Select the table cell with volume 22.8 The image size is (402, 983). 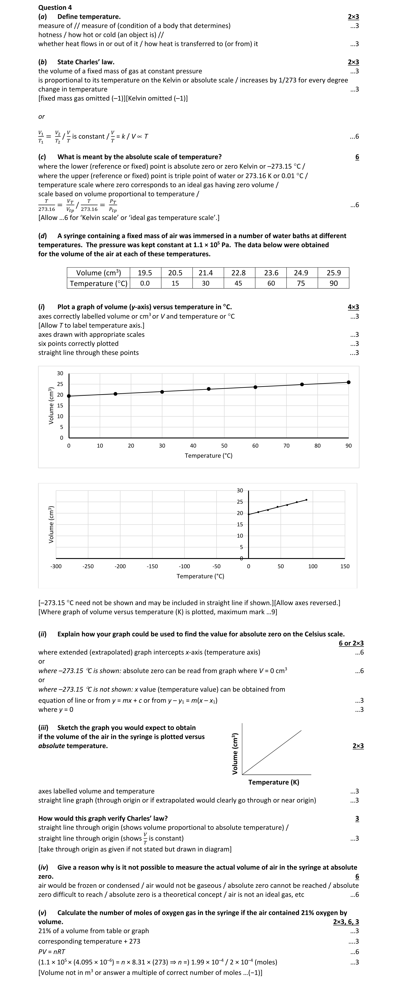tap(238, 273)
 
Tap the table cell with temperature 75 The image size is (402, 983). tap(301, 283)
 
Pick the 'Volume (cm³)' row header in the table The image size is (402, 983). tap(98, 273)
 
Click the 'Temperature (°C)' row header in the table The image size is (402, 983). tap(98, 283)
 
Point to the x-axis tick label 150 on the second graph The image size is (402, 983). tap(345, 566)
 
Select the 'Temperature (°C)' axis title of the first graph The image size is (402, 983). tap(209, 456)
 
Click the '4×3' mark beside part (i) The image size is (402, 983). tap(353, 307)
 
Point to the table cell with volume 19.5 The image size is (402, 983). tap(145, 273)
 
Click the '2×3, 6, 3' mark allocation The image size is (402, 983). tap(346, 922)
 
